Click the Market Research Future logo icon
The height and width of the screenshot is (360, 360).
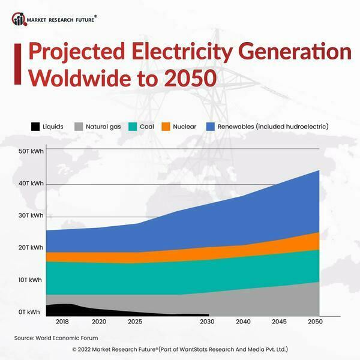pyautogui.click(x=19, y=19)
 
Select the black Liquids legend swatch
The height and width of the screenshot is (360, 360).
pyautogui.click(x=35, y=127)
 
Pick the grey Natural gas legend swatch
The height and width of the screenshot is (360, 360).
pyautogui.click(x=78, y=127)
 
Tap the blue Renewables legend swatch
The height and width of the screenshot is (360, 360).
pyautogui.click(x=210, y=127)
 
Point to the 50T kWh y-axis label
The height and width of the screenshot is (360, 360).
pyautogui.click(x=30, y=151)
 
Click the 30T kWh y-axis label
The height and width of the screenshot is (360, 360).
pyautogui.click(x=30, y=215)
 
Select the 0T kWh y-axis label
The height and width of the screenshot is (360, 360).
pyautogui.click(x=30, y=312)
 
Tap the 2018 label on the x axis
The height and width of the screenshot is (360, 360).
pyautogui.click(x=62, y=322)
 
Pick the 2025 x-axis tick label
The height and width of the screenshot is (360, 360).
pyautogui.click(x=135, y=322)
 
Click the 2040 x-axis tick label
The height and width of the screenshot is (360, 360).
pyautogui.click(x=244, y=322)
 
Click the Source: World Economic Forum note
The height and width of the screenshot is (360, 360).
pyautogui.click(x=56, y=338)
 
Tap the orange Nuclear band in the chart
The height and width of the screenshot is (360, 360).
pyautogui.click(x=240, y=250)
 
